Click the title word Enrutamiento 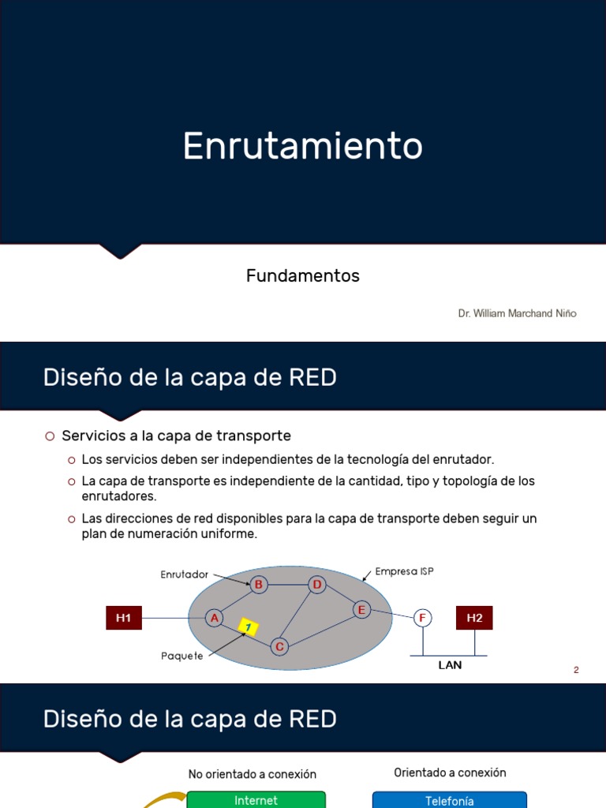point(302,146)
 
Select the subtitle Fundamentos point(302,275)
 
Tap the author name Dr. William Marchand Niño point(517,313)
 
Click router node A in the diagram point(214,618)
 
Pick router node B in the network point(258,585)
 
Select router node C point(279,647)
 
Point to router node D point(317,585)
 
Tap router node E point(361,610)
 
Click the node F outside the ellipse point(423,618)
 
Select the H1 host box point(124,618)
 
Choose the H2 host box point(474,618)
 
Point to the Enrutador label point(184,574)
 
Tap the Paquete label point(182,656)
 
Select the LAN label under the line point(450,665)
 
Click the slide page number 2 point(576,670)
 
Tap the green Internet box point(256,799)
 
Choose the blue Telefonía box point(449,799)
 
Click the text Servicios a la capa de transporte point(176,436)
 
